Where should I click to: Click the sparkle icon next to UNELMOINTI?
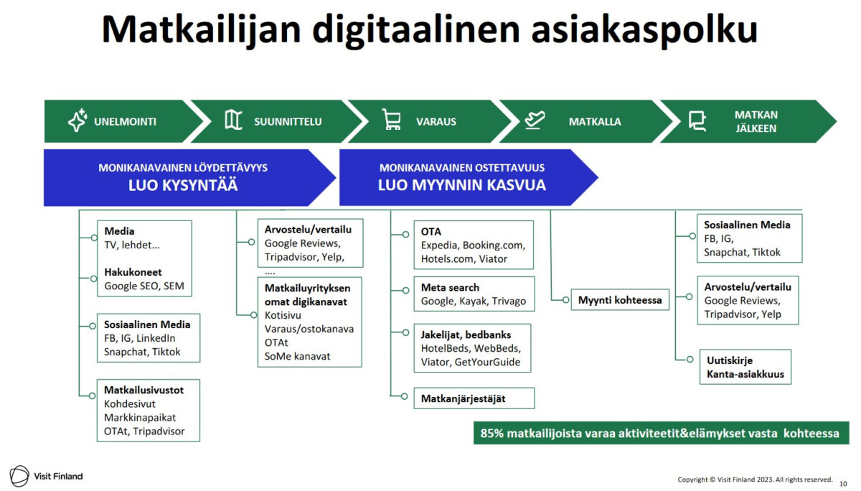(x=77, y=120)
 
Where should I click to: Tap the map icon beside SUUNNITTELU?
(x=233, y=120)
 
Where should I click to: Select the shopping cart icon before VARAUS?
(x=392, y=119)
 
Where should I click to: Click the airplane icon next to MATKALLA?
(x=535, y=120)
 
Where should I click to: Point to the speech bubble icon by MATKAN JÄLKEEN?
(x=697, y=121)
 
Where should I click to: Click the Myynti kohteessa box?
(x=620, y=300)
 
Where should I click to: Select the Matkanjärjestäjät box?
(x=474, y=398)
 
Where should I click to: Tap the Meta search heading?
(x=450, y=288)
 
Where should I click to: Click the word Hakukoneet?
(x=133, y=272)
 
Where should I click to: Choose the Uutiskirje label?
(x=730, y=360)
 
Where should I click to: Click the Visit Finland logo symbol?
(x=19, y=476)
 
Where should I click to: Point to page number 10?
(x=843, y=484)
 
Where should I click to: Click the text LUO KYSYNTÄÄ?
(x=183, y=185)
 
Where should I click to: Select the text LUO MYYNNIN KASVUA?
(x=461, y=185)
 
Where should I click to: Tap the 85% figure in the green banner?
(x=491, y=434)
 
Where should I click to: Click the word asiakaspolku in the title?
(x=644, y=29)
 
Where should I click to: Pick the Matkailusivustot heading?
(x=143, y=391)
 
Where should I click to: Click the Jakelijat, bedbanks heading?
(x=466, y=335)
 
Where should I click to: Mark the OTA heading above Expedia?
(x=431, y=232)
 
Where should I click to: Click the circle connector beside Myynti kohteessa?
(x=565, y=299)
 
